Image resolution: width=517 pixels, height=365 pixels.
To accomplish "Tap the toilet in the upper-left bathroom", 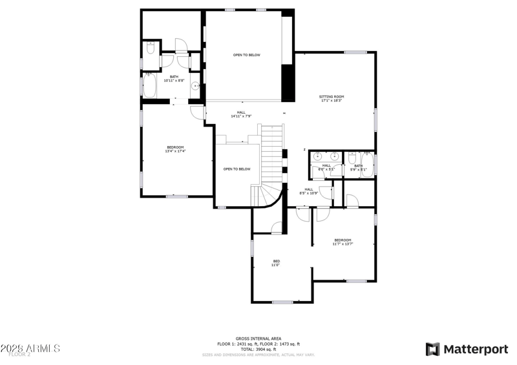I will click(150, 48).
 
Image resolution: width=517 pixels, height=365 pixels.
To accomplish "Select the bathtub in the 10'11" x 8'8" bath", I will click(149, 85).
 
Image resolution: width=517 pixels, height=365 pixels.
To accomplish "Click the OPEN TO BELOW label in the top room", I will click(247, 55).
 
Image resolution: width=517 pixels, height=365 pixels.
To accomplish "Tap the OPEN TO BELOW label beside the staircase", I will click(237, 169).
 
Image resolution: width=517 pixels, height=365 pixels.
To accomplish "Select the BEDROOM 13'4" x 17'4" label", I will click(175, 149).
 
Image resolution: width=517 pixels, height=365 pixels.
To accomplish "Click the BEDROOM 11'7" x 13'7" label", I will click(343, 242).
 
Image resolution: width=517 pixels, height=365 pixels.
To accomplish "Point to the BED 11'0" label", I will click(276, 262).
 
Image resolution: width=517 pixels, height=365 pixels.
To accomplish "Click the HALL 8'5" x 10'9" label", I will click(309, 191).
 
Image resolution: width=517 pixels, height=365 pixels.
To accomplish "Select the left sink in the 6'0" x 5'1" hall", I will click(318, 156).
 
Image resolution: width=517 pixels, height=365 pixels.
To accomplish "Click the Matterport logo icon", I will click(432, 349).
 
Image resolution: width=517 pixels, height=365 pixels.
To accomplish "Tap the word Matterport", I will click(475, 349).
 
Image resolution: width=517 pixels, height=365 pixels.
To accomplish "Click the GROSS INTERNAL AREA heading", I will click(258, 339).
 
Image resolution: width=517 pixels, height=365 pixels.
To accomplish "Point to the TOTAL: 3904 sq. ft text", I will click(258, 349).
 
